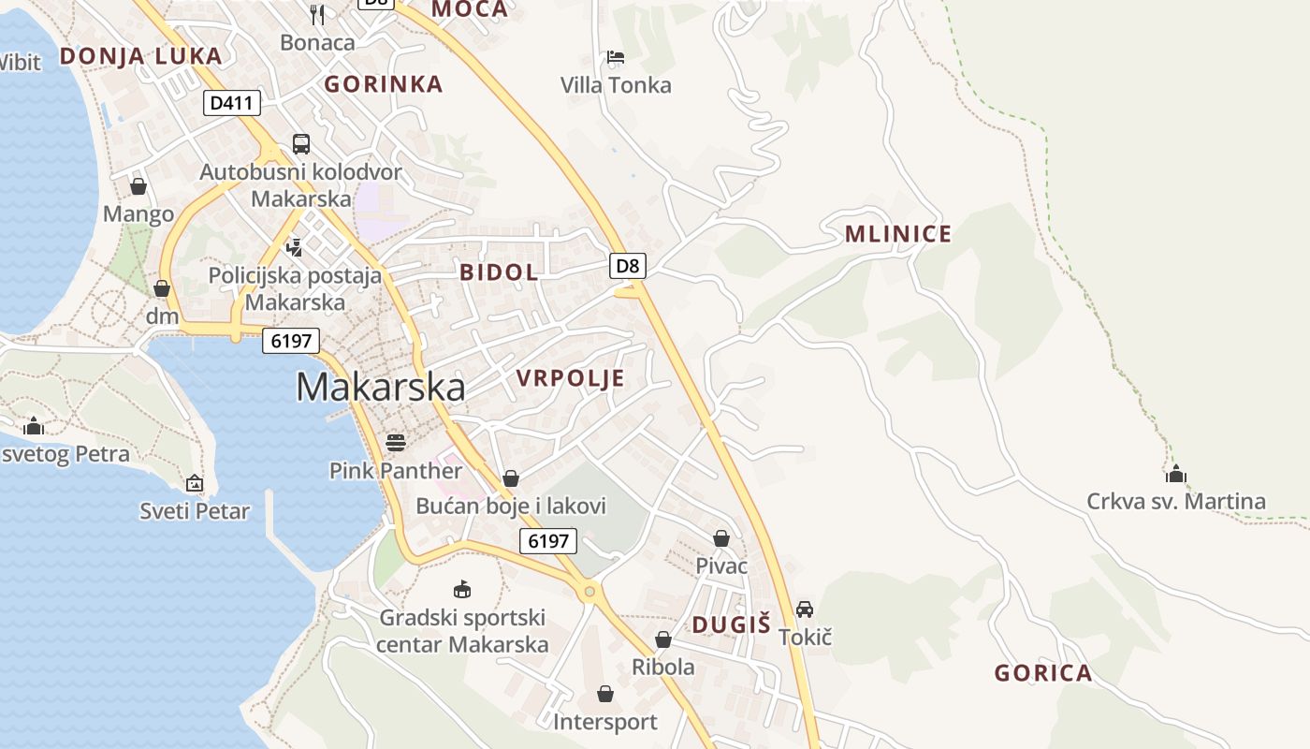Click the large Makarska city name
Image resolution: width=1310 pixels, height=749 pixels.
(380, 387)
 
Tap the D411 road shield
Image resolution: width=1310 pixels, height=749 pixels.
(231, 102)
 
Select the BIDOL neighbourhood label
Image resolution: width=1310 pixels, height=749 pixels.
(499, 272)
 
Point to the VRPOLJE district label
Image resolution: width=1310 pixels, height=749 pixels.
(570, 378)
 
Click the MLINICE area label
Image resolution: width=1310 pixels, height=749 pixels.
(897, 234)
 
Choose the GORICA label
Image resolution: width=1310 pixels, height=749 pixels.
(1042, 673)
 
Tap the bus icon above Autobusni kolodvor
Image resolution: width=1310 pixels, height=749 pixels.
(300, 144)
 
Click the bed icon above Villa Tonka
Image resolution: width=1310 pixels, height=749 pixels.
(615, 57)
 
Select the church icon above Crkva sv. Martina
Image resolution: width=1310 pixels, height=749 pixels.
(1176, 474)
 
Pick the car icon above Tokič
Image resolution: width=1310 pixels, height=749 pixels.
(804, 609)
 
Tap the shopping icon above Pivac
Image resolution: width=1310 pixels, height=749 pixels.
(721, 538)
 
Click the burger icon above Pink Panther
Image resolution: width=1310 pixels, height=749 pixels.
(395, 442)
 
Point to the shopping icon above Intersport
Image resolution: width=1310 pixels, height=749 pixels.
(604, 694)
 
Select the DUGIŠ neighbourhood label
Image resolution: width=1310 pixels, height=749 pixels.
(731, 625)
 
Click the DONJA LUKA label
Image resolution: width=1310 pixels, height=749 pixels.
(140, 56)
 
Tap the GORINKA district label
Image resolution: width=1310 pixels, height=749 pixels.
(383, 84)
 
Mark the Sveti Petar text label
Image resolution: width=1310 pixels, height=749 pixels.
(195, 511)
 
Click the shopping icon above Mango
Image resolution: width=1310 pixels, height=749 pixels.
(138, 186)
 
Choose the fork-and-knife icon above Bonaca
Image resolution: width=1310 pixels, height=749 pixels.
(317, 14)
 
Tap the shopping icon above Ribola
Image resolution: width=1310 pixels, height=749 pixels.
(663, 639)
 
